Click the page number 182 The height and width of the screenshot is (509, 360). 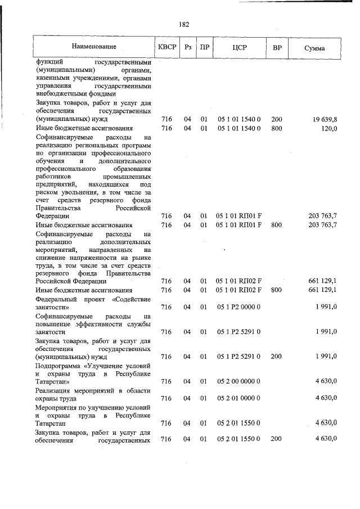click(x=184, y=24)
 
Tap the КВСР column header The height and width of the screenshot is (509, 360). click(x=166, y=47)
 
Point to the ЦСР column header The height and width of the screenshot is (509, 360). click(x=239, y=47)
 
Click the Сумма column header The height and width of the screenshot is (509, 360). click(x=314, y=48)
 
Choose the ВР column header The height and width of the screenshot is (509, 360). click(x=277, y=47)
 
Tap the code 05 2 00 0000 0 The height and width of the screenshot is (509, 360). click(x=239, y=381)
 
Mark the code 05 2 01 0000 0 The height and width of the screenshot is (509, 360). click(x=239, y=398)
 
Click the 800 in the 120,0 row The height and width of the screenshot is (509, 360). click(x=277, y=128)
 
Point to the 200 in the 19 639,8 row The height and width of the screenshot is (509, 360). click(x=277, y=119)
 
